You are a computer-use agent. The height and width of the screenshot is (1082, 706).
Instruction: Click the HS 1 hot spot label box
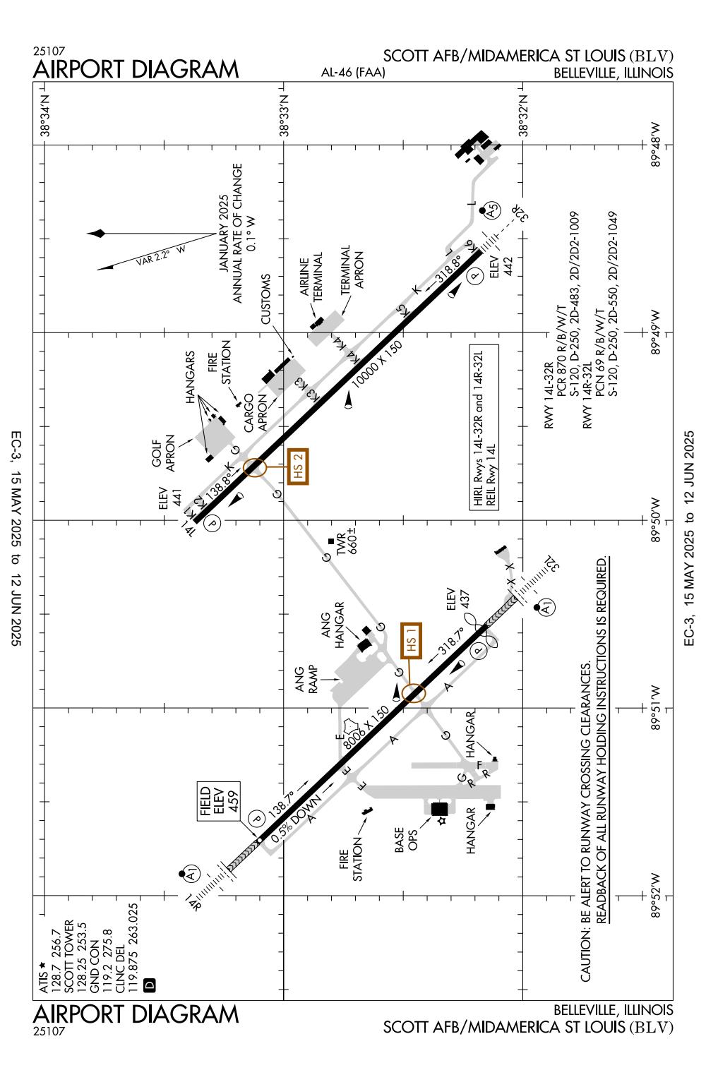click(x=411, y=641)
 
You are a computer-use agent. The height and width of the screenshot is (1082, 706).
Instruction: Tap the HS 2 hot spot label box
click(x=298, y=466)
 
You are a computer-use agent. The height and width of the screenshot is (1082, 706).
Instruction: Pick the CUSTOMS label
click(x=265, y=299)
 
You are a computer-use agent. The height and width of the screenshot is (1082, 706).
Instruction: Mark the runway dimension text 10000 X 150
click(x=376, y=364)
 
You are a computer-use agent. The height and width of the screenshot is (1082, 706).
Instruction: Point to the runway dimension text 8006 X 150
click(x=366, y=727)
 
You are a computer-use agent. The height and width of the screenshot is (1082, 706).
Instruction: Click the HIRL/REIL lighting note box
click(x=484, y=427)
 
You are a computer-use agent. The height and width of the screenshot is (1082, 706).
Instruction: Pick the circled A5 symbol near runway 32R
click(x=492, y=210)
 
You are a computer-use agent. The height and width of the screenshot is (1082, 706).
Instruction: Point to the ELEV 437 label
click(x=457, y=599)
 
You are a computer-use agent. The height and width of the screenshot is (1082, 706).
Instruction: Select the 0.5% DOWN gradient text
click(x=297, y=819)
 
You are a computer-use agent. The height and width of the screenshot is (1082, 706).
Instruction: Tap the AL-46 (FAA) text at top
click(x=353, y=73)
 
